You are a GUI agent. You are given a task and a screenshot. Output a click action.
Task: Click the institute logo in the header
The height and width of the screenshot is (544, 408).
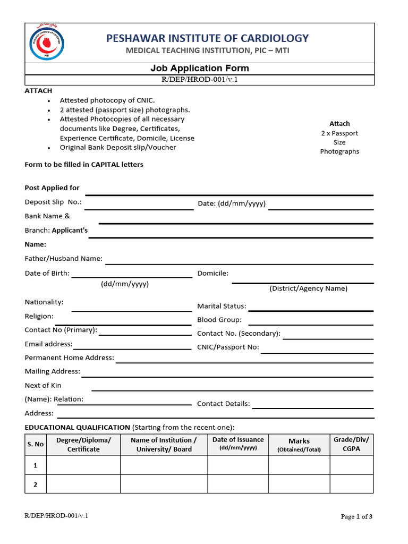point(45,42)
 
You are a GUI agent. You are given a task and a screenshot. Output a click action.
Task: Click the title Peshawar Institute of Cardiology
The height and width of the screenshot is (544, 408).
point(207,38)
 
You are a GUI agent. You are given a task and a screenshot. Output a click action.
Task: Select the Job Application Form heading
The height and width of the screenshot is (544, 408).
point(199,68)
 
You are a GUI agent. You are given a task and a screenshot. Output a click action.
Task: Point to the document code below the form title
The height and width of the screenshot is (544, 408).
point(199,80)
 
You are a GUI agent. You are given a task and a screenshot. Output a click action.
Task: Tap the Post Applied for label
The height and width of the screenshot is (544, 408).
point(52,188)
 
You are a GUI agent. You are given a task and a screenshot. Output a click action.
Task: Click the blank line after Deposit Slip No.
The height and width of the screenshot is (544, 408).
point(139,206)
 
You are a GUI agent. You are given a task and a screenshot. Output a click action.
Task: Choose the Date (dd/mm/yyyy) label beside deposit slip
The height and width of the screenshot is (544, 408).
point(231,203)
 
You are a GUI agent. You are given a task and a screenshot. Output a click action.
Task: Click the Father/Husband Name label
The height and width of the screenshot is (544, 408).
point(64,258)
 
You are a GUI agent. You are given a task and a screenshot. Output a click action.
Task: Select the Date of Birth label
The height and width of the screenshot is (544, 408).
point(47,273)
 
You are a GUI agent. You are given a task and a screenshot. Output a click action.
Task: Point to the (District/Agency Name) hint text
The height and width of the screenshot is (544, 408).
point(308,288)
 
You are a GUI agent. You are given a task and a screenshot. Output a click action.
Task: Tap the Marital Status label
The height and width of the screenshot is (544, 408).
point(222,306)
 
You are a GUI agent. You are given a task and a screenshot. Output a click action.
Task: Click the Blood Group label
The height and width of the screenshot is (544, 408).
point(219,320)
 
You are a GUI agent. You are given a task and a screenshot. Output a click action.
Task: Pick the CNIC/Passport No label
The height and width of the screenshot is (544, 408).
point(228,347)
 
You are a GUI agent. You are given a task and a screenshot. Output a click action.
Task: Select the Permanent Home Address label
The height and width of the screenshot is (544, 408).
point(69,358)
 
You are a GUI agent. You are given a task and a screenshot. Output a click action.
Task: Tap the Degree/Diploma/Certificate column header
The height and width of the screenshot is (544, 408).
point(83,445)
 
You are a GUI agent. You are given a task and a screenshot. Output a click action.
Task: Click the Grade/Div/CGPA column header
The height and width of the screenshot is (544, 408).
point(351,444)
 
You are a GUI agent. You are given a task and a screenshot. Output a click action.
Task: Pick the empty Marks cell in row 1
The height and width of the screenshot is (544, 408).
point(299,465)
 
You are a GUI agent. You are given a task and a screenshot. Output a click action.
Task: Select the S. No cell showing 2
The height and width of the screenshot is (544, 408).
point(36,484)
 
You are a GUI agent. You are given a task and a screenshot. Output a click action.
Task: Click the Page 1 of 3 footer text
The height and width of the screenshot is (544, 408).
point(356,516)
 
